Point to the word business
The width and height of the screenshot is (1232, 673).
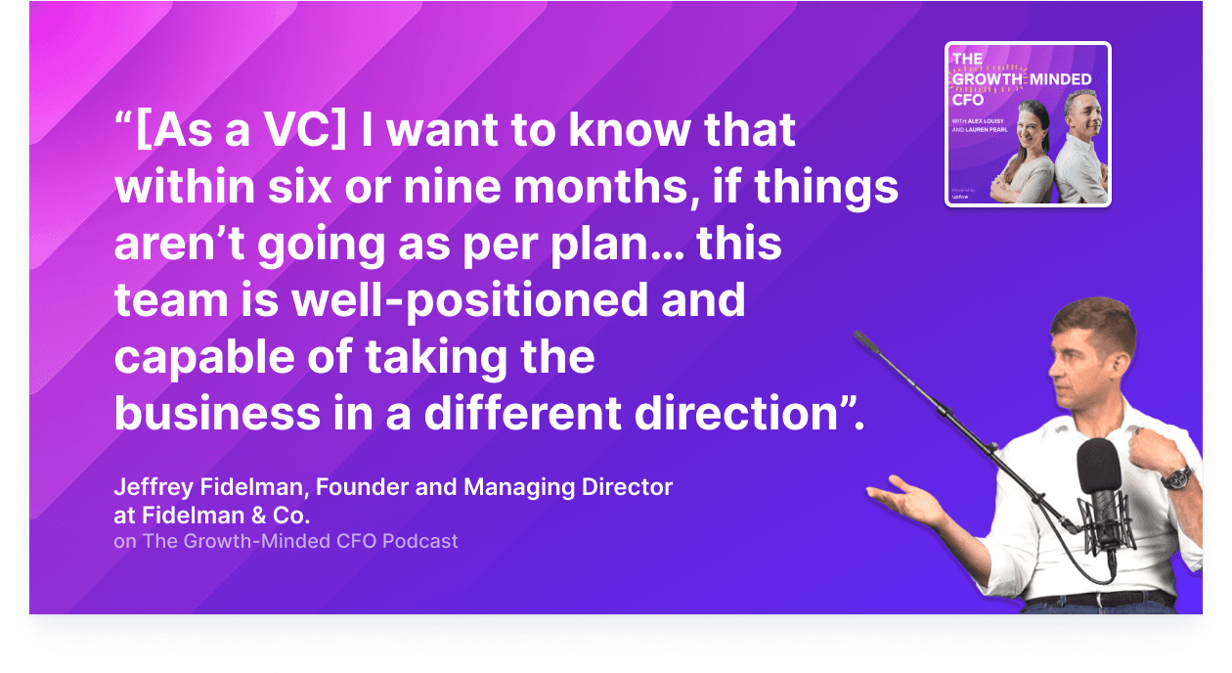pyautogui.click(x=217, y=414)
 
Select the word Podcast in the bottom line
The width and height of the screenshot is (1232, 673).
pyautogui.click(x=419, y=542)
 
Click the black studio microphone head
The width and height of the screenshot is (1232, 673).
pyautogui.click(x=1098, y=468)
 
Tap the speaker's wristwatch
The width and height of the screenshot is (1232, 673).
pyautogui.click(x=1176, y=478)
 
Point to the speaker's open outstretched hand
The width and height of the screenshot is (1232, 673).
pyautogui.click(x=904, y=498)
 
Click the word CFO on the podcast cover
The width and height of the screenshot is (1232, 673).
pyautogui.click(x=968, y=100)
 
